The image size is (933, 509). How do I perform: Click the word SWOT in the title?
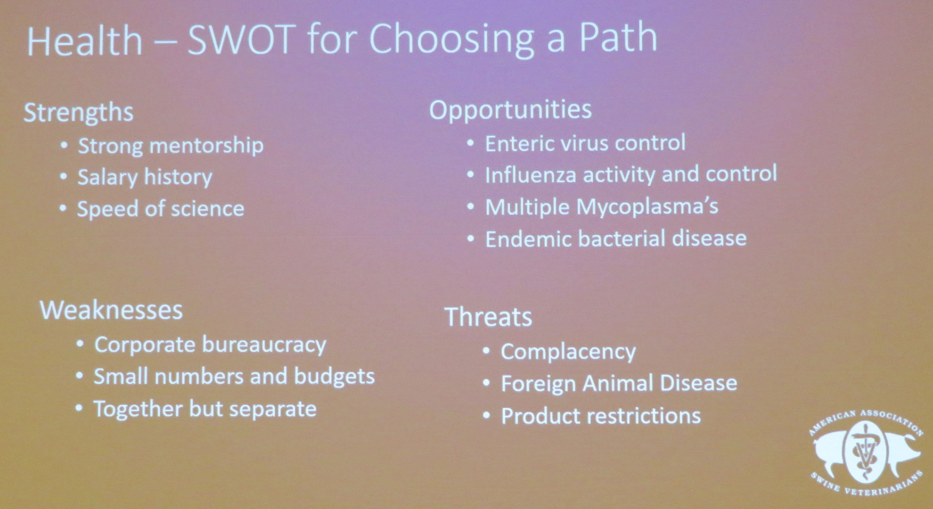[242, 39]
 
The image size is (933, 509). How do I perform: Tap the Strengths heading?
[79, 113]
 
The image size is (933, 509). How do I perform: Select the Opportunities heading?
[510, 110]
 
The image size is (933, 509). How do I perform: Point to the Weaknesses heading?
[112, 310]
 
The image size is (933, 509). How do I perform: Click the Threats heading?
[489, 317]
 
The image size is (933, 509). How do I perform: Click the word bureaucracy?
[264, 345]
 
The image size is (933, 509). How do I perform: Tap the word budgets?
[335, 377]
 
